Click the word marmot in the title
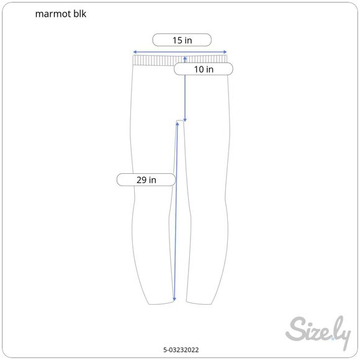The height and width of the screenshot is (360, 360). click(x=53, y=14)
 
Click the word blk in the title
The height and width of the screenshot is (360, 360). click(x=80, y=14)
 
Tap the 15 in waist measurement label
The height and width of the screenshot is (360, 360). click(x=182, y=40)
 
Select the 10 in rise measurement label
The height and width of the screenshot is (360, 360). click(x=204, y=69)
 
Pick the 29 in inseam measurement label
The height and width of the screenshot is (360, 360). click(x=146, y=180)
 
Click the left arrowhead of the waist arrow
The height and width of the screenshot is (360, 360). click(x=135, y=52)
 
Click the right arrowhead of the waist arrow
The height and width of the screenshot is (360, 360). click(x=225, y=52)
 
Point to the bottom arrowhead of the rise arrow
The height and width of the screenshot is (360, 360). click(x=185, y=120)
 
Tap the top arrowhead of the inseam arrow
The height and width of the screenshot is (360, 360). click(x=178, y=124)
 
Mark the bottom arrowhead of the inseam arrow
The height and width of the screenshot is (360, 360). click(x=174, y=299)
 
